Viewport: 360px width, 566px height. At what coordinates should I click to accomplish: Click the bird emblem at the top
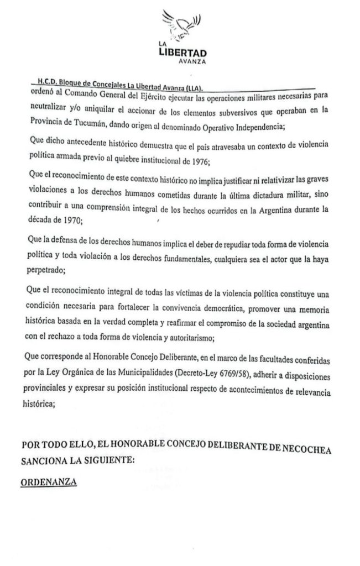[184, 25]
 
